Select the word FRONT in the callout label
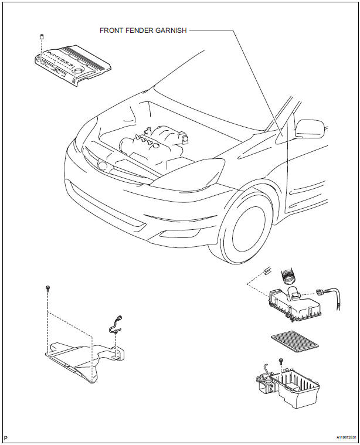tap(110, 30)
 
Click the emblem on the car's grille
tap(104, 165)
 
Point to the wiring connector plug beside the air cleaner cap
tap(321, 291)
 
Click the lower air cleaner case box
tap(287, 389)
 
